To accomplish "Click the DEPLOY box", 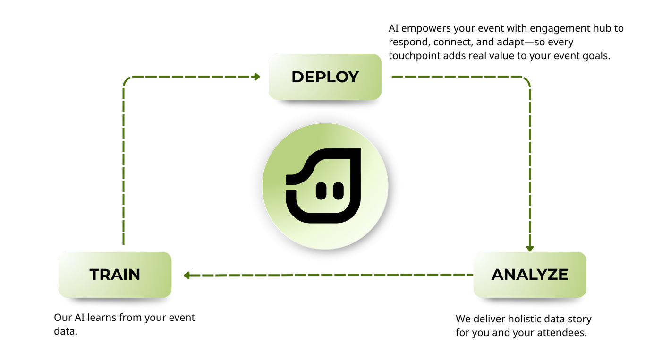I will coord(325,77).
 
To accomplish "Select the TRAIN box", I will coord(115,275).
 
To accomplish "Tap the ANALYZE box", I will coord(530,275).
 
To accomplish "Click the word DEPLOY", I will coord(325,77).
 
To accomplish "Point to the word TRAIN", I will coord(115,275).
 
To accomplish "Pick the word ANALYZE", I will coord(530,275).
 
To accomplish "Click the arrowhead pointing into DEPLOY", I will coord(257,77).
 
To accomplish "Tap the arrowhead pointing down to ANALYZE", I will coord(530,248).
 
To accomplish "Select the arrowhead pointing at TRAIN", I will coord(187,275).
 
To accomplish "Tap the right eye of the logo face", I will coord(338,190).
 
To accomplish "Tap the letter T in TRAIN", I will coord(94,275).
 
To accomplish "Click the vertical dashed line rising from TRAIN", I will coord(123,165).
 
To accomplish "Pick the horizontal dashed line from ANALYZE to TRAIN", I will coord(331,275).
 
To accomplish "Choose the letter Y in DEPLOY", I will coord(352,77).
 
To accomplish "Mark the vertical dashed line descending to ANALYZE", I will coord(530,165).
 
